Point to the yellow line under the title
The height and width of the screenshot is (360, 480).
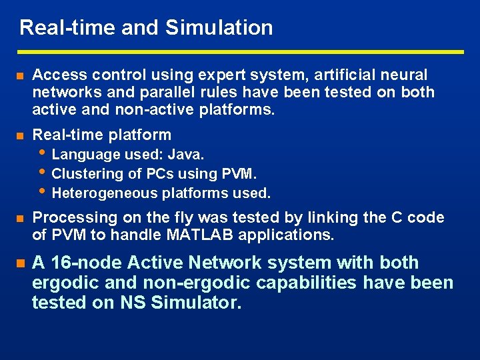click(x=240, y=51)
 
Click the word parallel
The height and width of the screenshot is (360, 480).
click(x=156, y=92)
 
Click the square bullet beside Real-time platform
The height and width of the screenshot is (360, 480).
click(x=19, y=135)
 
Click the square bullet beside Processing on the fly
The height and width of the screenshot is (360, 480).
click(x=19, y=219)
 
